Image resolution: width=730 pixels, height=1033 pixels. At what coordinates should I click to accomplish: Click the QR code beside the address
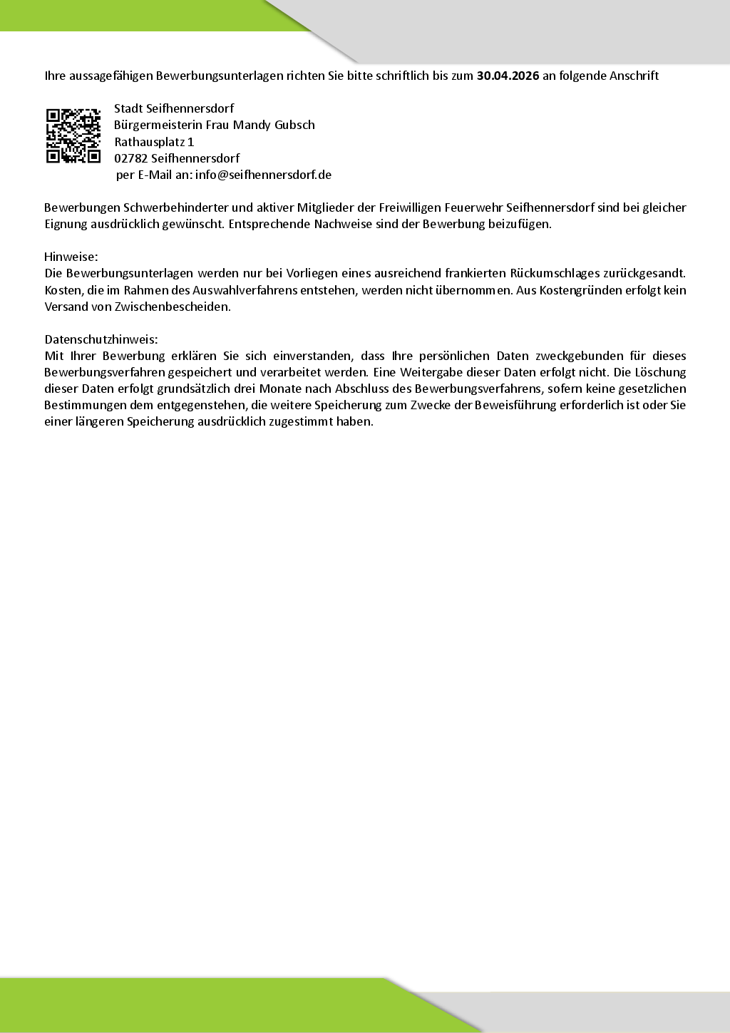[x=73, y=135]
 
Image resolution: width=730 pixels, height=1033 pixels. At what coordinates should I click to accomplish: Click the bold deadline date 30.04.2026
[x=508, y=76]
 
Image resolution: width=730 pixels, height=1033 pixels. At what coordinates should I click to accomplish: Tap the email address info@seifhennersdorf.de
[x=263, y=175]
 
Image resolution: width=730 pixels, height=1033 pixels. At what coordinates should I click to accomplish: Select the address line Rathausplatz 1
[x=154, y=142]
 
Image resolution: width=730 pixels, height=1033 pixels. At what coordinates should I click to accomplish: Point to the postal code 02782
[x=130, y=158]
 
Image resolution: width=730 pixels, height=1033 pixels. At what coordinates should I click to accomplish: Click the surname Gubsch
[x=294, y=125]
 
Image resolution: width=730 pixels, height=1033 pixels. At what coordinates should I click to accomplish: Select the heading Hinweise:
[x=71, y=257]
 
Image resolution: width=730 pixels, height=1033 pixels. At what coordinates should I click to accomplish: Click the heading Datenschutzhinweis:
[x=101, y=339]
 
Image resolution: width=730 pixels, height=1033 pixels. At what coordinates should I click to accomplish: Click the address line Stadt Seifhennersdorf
[x=174, y=108]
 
